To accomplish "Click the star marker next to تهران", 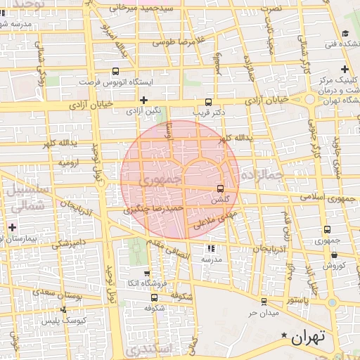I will coord(284,336).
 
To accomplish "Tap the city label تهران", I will coord(309,337).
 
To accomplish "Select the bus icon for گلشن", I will coord(221,188).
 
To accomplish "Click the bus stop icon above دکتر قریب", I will coord(209,101).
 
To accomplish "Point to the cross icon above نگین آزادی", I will coord(143,100).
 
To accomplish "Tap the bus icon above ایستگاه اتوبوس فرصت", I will coord(115,71).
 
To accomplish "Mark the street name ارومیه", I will coord(67,162).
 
